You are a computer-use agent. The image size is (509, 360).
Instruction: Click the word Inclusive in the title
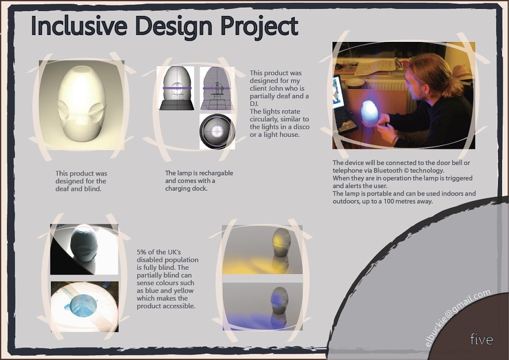[x=78, y=25]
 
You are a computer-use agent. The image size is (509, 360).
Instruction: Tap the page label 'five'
[x=481, y=339]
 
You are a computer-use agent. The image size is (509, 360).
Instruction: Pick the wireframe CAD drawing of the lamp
[x=217, y=89]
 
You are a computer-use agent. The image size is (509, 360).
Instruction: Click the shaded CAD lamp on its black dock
[x=176, y=89]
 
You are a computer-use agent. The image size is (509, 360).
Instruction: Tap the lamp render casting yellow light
[x=262, y=249]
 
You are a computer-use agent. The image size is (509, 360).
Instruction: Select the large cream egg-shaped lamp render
[x=82, y=104]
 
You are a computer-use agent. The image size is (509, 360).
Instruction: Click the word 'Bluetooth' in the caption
[x=391, y=170]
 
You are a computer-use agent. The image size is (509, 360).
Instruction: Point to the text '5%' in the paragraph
[x=142, y=252]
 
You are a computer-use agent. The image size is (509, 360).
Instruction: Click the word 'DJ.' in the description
[x=254, y=104]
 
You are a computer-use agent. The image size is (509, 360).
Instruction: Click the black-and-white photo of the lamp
[x=84, y=249]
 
